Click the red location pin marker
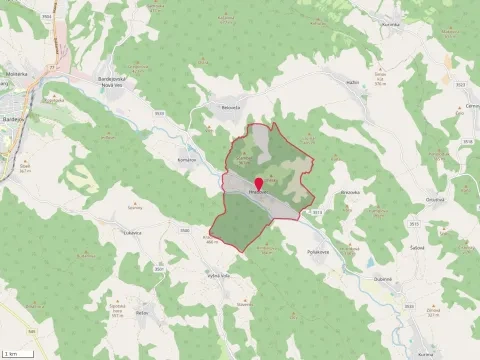tap(259, 184)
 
